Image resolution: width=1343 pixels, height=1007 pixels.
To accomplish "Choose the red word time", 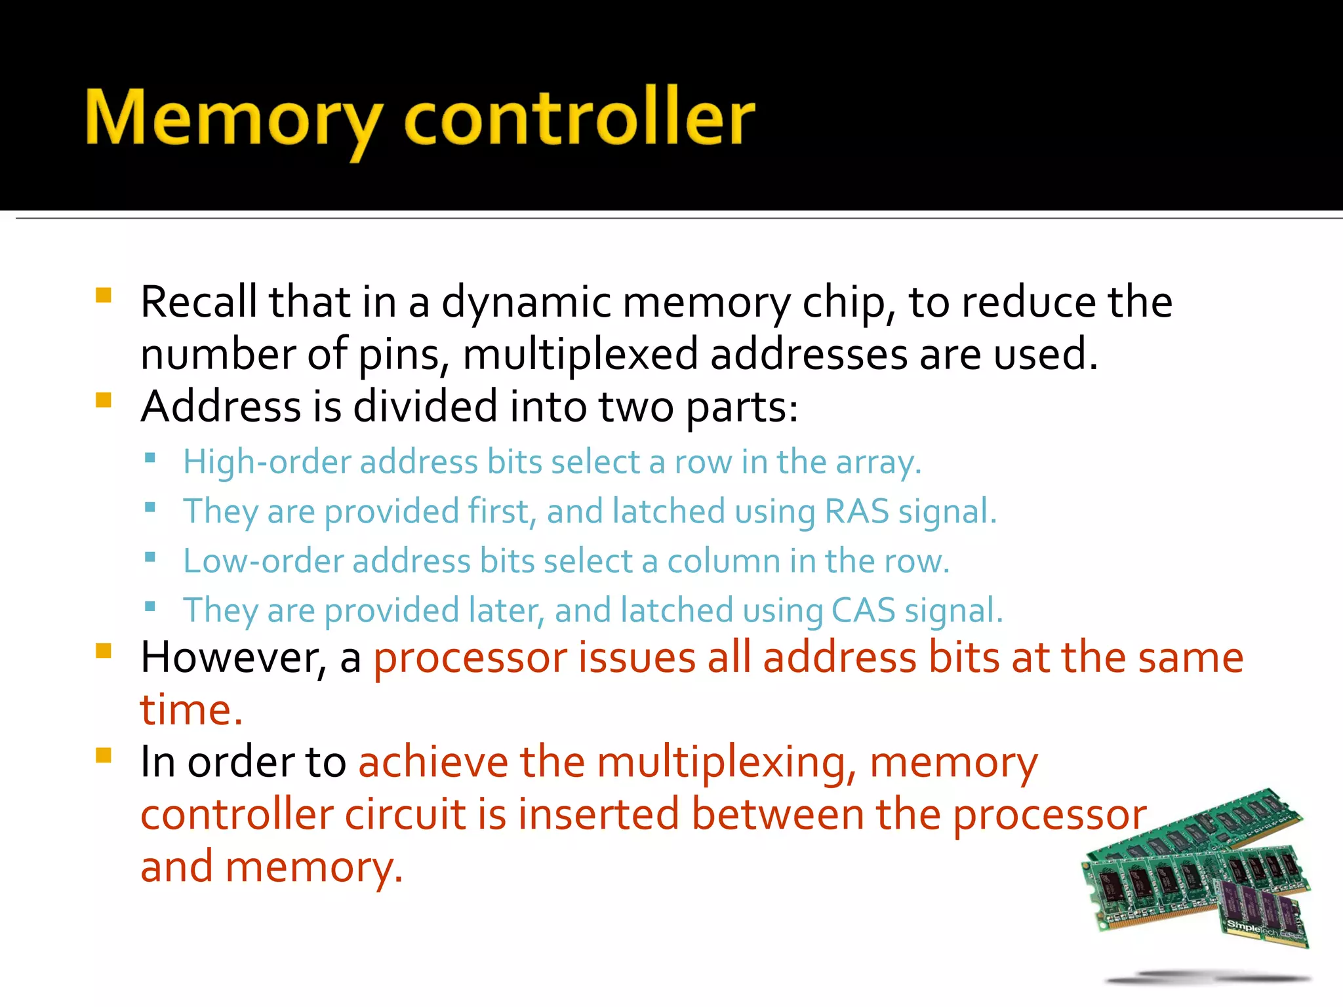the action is (x=190, y=709).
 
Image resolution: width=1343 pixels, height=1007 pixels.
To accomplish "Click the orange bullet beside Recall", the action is (x=104, y=294).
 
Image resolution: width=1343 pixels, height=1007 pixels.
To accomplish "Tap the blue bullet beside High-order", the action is (x=150, y=458).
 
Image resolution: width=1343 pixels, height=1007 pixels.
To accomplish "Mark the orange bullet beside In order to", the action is (x=104, y=755).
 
